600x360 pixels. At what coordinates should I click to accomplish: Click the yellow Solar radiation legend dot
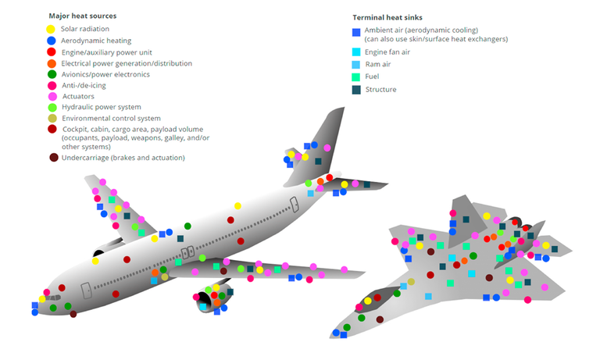pos(51,29)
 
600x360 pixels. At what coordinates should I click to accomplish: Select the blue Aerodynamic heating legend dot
pos(51,40)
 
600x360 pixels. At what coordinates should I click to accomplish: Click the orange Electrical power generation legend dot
pos(51,63)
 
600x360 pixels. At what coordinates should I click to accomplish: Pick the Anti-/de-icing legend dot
pos(51,86)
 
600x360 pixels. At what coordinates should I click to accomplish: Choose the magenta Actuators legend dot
pos(51,98)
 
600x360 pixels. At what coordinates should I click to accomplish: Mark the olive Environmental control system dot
pos(51,118)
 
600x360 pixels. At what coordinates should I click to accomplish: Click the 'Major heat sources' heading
pos(84,16)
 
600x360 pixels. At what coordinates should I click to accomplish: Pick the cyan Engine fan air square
pos(356,52)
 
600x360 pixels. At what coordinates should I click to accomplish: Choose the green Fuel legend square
pos(356,77)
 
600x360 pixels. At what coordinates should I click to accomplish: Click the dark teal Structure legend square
pos(356,90)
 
